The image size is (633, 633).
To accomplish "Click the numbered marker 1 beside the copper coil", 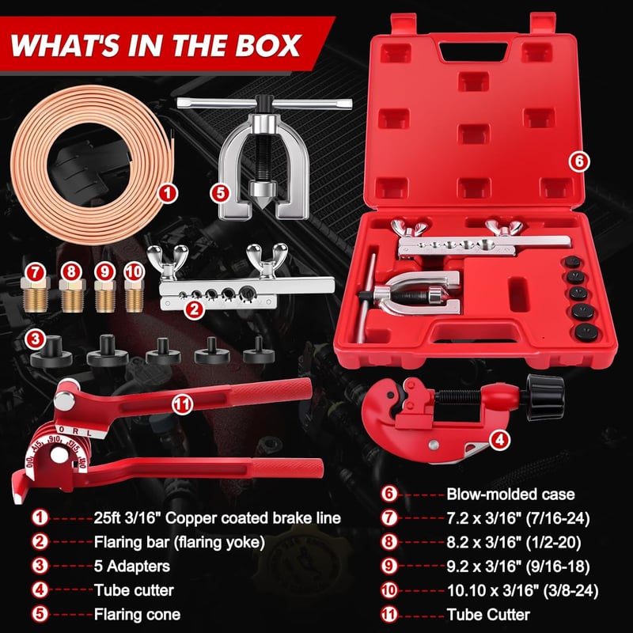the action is tap(168, 193).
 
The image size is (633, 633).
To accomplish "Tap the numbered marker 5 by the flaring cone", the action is tap(220, 192).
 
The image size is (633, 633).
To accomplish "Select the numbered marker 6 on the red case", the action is tap(579, 161).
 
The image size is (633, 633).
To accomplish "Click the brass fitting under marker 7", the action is tap(36, 294).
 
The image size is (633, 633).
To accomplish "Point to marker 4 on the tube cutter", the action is tap(500, 440).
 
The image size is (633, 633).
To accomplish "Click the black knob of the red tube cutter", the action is tap(544, 396).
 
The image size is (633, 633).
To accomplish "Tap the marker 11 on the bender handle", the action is tap(182, 404).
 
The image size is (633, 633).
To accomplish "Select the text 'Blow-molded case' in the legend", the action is tap(510, 494).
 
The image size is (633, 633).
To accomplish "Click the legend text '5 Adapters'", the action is tap(132, 566).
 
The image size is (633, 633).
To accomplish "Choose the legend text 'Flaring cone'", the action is tap(137, 615).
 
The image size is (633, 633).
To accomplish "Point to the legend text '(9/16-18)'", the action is tap(558, 567).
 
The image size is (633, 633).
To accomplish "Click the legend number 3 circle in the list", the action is tap(40, 566).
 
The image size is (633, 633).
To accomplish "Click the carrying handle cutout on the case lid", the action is tap(473, 51).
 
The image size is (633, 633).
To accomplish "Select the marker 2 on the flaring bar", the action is tap(194, 309).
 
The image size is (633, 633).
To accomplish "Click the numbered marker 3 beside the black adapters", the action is tap(35, 339).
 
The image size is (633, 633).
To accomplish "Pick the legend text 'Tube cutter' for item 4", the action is tap(134, 590).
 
